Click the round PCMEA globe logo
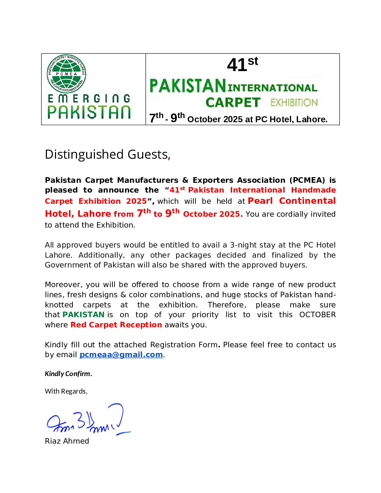[x=67, y=74]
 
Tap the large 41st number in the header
[x=242, y=64]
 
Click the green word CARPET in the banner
[x=233, y=103]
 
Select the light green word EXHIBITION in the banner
[x=294, y=103]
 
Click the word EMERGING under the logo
[x=89, y=99]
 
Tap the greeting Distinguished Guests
[x=107, y=154]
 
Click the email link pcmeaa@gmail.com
[x=121, y=355]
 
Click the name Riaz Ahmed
[x=67, y=441]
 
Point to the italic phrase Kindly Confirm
[x=68, y=374]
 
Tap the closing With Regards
[x=66, y=391]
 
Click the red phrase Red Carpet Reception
[x=116, y=325]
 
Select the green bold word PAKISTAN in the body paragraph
[x=83, y=315]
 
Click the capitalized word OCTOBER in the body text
[x=317, y=315]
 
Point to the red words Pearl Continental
[x=291, y=201]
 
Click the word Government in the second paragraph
[x=68, y=265]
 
